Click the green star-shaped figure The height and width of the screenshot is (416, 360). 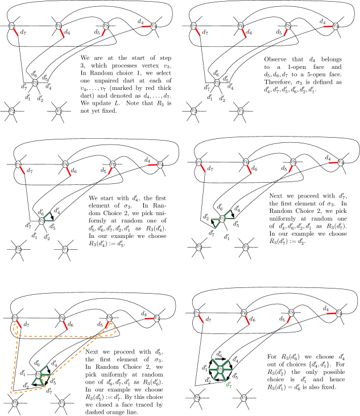coord(220,370)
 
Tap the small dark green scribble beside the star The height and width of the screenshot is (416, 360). coord(229,385)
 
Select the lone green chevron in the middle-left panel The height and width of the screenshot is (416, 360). coord(48,217)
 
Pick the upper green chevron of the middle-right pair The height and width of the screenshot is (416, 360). coord(229,215)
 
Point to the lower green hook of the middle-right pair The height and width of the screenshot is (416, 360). coord(216,223)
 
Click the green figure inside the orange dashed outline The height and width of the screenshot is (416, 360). coord(41,376)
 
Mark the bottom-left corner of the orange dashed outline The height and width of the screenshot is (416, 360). coord(11,393)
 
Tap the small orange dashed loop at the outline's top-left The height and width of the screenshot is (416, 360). coord(16,328)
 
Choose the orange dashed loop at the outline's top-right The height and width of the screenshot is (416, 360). coord(110,329)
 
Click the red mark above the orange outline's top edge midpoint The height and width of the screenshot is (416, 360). coord(65,325)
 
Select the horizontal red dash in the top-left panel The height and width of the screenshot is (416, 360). coord(146,26)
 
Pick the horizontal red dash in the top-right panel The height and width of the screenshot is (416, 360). coord(328,26)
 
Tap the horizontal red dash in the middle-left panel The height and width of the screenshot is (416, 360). coord(152,164)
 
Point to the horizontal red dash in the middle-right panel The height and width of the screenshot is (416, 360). coord(333,163)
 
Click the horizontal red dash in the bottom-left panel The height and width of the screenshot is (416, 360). coord(149,318)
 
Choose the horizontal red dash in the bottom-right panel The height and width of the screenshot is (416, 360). coord(331,314)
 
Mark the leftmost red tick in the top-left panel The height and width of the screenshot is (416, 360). coord(16,32)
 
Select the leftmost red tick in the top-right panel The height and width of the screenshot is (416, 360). coord(198,32)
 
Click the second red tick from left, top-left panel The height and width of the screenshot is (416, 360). coord(62,33)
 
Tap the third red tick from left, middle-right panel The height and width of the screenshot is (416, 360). coord(291,168)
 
